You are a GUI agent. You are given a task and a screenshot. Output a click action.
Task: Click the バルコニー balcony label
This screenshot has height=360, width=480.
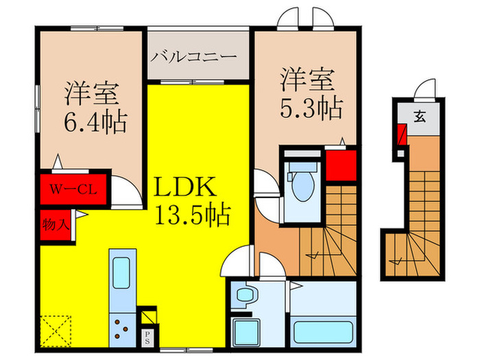point(194,57)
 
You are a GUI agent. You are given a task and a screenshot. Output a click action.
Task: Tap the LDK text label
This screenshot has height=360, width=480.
point(184,187)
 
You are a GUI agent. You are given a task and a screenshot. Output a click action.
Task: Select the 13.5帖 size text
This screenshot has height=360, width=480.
point(193,215)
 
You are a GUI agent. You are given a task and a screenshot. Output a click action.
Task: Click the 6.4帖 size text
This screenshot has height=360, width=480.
point(95,122)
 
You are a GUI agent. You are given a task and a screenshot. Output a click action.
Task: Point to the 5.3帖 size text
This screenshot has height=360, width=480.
point(311,108)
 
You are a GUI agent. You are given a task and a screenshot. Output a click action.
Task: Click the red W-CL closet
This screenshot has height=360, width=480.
point(73,189)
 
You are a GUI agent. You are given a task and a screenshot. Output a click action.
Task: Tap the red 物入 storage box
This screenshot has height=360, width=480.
point(56,226)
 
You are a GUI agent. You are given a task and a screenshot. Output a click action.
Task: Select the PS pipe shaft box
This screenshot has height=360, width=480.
point(147,337)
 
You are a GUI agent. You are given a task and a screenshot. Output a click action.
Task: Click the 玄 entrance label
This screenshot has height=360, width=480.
point(420,117)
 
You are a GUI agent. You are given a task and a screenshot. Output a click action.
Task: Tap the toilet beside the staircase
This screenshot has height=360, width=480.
point(303,182)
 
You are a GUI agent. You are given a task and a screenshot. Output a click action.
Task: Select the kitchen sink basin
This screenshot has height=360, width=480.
point(121,273)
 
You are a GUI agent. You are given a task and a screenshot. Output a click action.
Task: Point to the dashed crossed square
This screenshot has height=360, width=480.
point(56,331)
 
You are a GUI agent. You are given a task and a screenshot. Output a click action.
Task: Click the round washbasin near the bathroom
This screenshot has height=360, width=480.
point(245,295)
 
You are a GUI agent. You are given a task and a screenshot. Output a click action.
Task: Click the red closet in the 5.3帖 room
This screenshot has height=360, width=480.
point(341,165)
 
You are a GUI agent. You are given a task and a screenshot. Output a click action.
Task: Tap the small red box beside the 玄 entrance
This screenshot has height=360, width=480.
point(402,134)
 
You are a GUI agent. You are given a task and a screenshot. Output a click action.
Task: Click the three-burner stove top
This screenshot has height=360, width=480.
point(122,329)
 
